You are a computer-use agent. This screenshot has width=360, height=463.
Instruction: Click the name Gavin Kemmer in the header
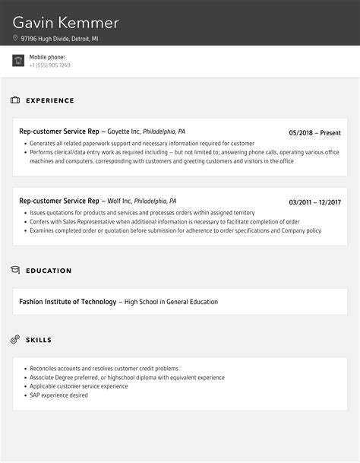point(66,22)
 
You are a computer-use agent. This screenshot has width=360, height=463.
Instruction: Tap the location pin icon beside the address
point(15,38)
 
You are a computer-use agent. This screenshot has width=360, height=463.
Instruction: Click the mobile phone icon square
point(18,61)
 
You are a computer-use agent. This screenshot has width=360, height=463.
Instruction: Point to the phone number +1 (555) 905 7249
point(50,65)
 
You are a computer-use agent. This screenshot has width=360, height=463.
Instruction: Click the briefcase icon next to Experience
point(15,100)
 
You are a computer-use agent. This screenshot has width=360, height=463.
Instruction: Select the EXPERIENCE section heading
point(50,100)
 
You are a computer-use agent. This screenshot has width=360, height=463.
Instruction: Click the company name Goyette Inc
point(124,132)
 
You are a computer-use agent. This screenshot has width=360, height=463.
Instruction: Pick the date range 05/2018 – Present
point(314,132)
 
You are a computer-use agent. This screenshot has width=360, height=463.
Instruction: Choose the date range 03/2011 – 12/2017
point(314,201)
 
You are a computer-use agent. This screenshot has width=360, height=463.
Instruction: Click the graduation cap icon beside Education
point(15,270)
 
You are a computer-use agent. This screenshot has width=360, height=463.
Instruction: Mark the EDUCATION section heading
point(49,271)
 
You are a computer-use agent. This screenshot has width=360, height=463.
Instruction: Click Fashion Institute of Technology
point(68,302)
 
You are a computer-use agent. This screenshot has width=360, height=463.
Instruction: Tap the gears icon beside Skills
point(15,339)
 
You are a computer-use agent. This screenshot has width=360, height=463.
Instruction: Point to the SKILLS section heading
point(39,340)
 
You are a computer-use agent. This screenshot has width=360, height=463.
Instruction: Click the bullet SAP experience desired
point(58,395)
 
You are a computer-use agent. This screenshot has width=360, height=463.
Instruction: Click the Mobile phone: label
point(47,57)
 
